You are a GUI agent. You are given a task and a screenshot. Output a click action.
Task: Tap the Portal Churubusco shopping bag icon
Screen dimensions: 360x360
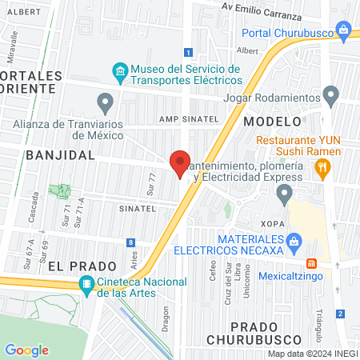point(345,31)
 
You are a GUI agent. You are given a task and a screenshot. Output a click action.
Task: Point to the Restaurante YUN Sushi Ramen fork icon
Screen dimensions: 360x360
point(323,166)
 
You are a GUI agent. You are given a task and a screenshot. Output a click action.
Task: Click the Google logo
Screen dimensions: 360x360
point(26,350)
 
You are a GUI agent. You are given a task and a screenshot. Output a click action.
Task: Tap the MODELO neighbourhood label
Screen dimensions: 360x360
point(271,121)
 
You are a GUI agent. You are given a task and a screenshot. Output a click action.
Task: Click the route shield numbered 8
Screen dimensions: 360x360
point(130,242)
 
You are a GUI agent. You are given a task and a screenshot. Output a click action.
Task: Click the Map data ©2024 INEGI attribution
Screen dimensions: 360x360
point(311,354)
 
